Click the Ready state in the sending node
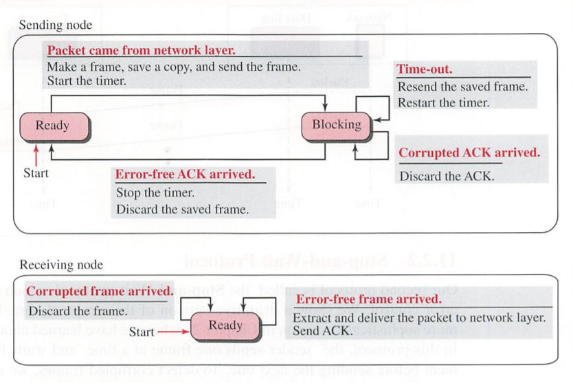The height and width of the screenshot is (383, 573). [x=53, y=126]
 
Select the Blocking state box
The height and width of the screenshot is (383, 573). [x=336, y=125]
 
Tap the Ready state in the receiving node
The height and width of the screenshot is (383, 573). [x=225, y=325]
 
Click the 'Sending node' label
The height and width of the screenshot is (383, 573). [x=55, y=25]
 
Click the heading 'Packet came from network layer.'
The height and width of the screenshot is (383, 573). [x=141, y=50]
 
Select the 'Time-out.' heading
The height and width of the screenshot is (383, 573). [x=425, y=69]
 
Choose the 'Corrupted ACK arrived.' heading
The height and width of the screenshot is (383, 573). [x=469, y=153]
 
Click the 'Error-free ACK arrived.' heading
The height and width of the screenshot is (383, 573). [x=185, y=174]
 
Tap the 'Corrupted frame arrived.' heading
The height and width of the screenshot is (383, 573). [x=100, y=292]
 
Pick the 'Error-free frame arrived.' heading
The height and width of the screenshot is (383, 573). [x=368, y=299]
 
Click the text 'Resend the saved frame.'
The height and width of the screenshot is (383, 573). [x=463, y=86]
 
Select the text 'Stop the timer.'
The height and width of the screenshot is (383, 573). [x=155, y=193]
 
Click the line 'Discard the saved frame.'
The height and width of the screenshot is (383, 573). [x=182, y=209]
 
